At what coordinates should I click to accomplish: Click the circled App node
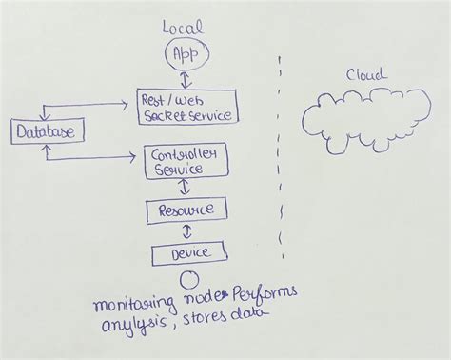[x=183, y=54]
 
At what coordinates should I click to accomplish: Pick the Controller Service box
[x=188, y=161]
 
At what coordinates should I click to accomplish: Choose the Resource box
[x=186, y=210]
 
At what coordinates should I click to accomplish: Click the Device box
[x=188, y=253]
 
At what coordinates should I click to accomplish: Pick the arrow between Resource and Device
[x=187, y=231]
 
